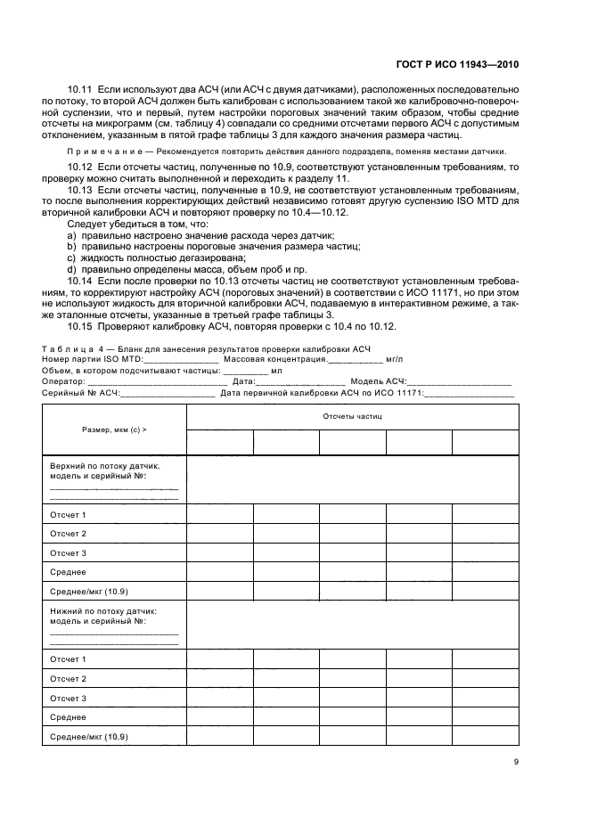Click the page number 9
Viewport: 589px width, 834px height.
tap(516, 761)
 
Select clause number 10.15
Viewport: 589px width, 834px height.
tap(80, 326)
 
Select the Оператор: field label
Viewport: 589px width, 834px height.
tap(61, 380)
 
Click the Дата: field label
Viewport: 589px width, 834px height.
tap(244, 380)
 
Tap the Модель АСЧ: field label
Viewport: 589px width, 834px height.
tap(378, 380)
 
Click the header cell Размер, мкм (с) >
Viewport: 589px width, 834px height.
tap(114, 429)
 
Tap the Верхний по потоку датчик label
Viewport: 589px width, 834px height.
tap(104, 465)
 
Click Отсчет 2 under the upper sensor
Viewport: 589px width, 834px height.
tap(68, 534)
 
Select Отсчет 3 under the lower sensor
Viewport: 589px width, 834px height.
tap(68, 699)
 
